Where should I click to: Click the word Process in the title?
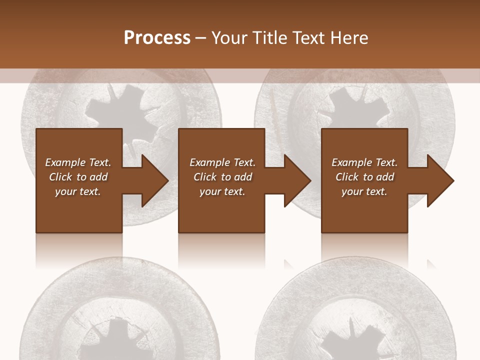(x=157, y=38)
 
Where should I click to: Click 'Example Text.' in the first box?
(x=78, y=162)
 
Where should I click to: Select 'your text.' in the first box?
(x=78, y=191)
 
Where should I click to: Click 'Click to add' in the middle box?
(x=222, y=177)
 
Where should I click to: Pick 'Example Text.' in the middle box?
(x=222, y=162)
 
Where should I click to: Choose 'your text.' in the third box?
(x=364, y=191)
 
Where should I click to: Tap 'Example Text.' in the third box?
(x=364, y=162)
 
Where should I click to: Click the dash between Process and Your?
(x=200, y=38)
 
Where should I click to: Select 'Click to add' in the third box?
(x=364, y=177)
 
